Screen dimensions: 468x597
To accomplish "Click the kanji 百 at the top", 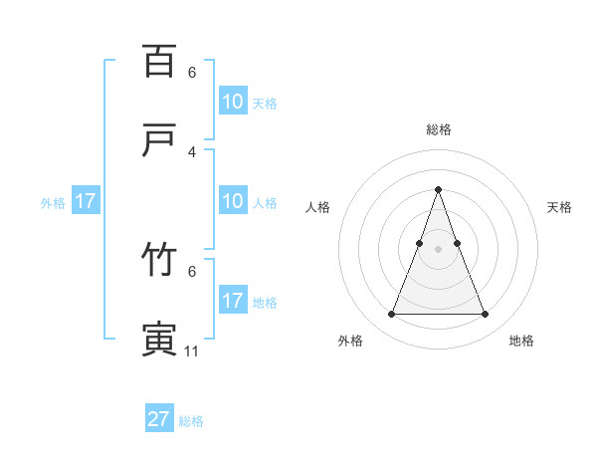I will (x=159, y=61).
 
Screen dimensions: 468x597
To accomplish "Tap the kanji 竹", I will (x=159, y=260).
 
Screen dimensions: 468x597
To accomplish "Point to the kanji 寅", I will (x=159, y=340).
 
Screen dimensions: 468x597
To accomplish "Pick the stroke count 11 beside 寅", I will (x=192, y=351).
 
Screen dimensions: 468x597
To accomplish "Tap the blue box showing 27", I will (x=159, y=419).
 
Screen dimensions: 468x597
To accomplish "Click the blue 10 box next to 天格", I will (x=232, y=101).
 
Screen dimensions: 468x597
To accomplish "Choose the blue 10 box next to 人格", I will (x=232, y=201).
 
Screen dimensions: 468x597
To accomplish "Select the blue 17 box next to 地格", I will (x=232, y=301).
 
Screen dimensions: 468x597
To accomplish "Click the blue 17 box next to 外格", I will (x=86, y=201).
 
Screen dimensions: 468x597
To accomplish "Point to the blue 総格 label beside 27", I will (x=191, y=421).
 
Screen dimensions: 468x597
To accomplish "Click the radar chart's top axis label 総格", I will (x=438, y=129).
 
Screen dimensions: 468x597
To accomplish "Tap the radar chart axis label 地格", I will (x=521, y=342).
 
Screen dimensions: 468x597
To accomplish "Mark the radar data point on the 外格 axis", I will (x=391, y=315).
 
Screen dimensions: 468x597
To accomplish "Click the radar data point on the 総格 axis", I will (x=438, y=189).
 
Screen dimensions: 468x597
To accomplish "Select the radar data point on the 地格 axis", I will (x=485, y=315).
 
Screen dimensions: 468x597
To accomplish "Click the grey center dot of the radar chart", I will (x=438, y=249).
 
